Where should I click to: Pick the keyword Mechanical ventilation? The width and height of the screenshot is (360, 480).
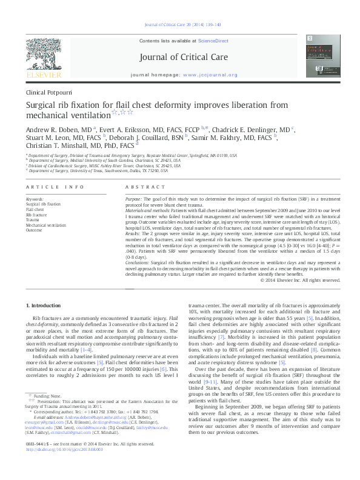pyautogui.click(x=46, y=225)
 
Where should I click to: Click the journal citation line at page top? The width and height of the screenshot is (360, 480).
pyautogui.click(x=180, y=24)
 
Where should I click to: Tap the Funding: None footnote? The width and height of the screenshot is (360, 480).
pyautogui.click(x=51, y=395)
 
